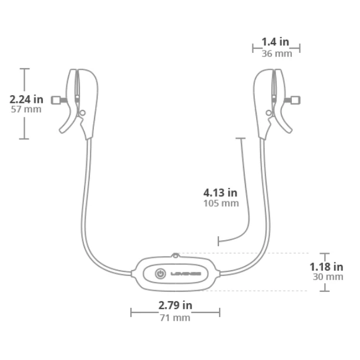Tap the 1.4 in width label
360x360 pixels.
coord(275,41)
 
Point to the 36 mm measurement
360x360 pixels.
coord(276,53)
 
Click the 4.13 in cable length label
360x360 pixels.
coord(220,192)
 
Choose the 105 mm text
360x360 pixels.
coord(220,203)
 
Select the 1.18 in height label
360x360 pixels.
coord(327,266)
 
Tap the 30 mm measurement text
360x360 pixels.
coord(327,277)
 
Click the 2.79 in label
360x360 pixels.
coord(175,305)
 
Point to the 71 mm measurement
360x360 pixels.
coord(174,318)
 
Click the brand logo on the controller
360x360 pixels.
coord(186,274)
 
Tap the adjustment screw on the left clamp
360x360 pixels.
coord(58,100)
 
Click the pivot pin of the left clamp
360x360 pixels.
coord(83,112)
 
